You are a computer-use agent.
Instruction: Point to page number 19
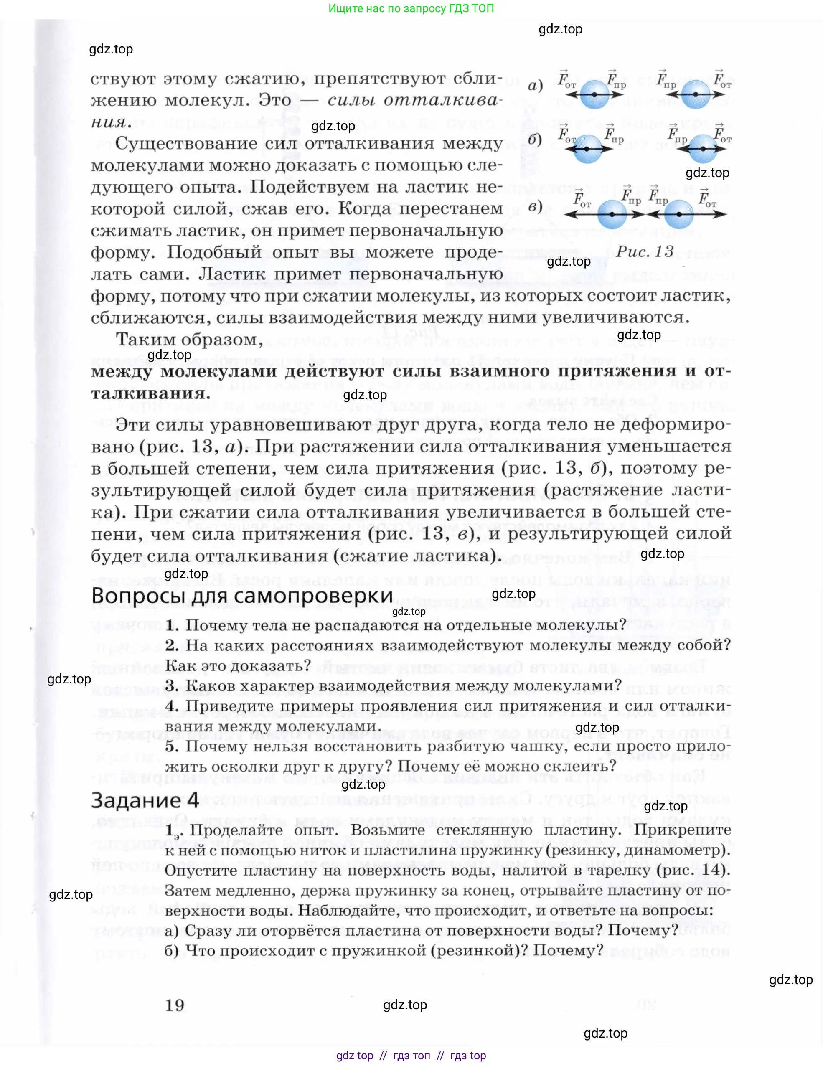[174, 1005]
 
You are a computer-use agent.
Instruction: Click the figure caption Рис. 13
[644, 252]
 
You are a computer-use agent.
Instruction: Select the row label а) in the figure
[535, 86]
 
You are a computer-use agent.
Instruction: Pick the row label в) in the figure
[535, 207]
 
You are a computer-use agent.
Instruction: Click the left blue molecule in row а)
[594, 94]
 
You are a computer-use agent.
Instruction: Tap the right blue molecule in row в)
[679, 214]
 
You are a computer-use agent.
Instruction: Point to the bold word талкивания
[150, 393]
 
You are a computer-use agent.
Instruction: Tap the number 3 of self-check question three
[170, 686]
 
